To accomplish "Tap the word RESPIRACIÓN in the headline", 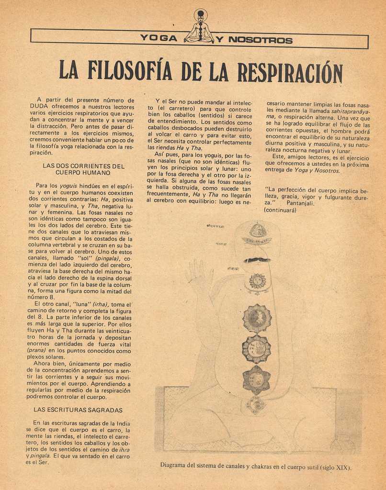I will [x=290, y=72].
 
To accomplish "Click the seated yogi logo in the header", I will [x=200, y=28].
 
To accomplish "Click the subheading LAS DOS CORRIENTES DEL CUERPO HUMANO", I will [x=83, y=169].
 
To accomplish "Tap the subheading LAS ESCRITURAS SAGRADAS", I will [x=78, y=410].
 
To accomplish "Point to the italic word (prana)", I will [x=36, y=350].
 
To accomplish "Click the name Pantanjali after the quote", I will [x=300, y=203].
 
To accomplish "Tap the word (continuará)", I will [x=280, y=210].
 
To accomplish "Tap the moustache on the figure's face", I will [x=257, y=260].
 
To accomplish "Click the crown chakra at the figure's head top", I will [x=258, y=232].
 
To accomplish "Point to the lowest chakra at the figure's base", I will [x=256, y=404].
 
